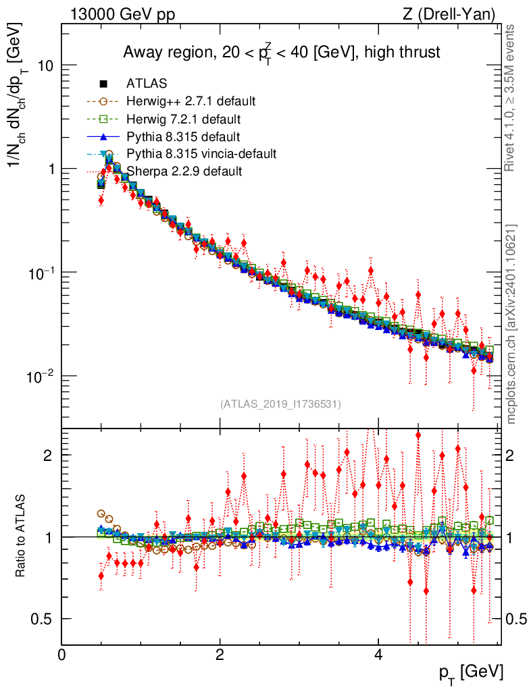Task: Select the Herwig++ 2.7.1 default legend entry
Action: click(191, 102)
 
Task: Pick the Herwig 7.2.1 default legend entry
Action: click(184, 119)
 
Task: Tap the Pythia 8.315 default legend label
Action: click(183, 137)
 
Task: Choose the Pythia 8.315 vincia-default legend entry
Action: click(201, 155)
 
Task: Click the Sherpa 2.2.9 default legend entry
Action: click(184, 171)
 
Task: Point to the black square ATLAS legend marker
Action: click(103, 84)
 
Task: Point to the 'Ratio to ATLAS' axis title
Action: click(21, 536)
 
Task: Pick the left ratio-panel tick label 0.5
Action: click(43, 619)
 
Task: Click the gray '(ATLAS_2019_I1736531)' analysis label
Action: click(280, 404)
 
